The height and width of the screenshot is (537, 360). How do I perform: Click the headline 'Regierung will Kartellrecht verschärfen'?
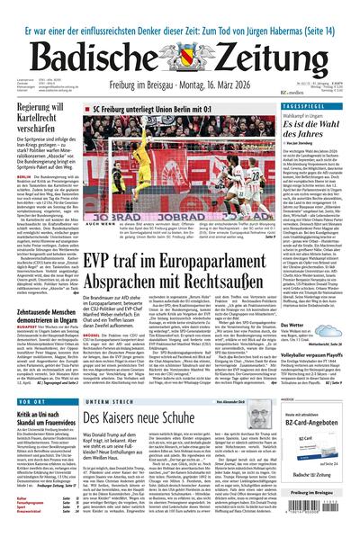45,121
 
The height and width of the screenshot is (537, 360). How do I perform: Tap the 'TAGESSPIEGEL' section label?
322,105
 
